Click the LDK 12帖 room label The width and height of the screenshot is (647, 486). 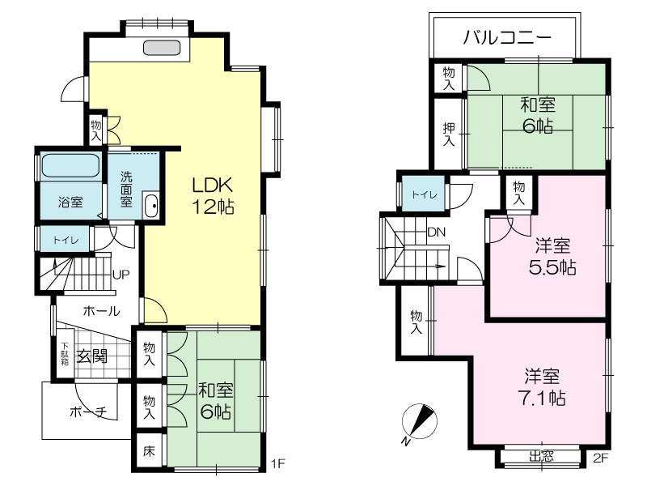point(213,195)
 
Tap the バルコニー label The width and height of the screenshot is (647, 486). point(507,37)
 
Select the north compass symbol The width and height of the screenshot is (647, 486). point(419,421)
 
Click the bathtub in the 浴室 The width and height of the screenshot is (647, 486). point(70,166)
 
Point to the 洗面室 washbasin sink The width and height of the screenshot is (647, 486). point(150,206)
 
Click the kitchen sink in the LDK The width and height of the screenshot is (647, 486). point(162,48)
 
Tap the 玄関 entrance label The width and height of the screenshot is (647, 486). point(92,356)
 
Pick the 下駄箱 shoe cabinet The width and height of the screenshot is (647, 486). point(65,353)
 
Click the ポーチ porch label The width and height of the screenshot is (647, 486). point(89,411)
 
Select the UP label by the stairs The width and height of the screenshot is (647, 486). point(121,275)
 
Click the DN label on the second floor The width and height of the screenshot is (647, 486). point(436,232)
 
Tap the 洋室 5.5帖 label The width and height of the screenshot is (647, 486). point(552,256)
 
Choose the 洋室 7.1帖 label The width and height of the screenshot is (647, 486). point(542,387)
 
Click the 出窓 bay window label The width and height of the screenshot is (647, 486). point(541,456)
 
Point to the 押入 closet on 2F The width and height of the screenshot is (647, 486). point(448,134)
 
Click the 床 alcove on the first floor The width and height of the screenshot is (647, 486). point(149,450)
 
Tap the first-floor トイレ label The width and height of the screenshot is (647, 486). point(66,240)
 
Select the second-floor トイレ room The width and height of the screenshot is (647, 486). point(423,194)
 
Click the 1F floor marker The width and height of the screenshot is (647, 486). point(277,463)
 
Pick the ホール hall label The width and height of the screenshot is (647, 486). point(102,311)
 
